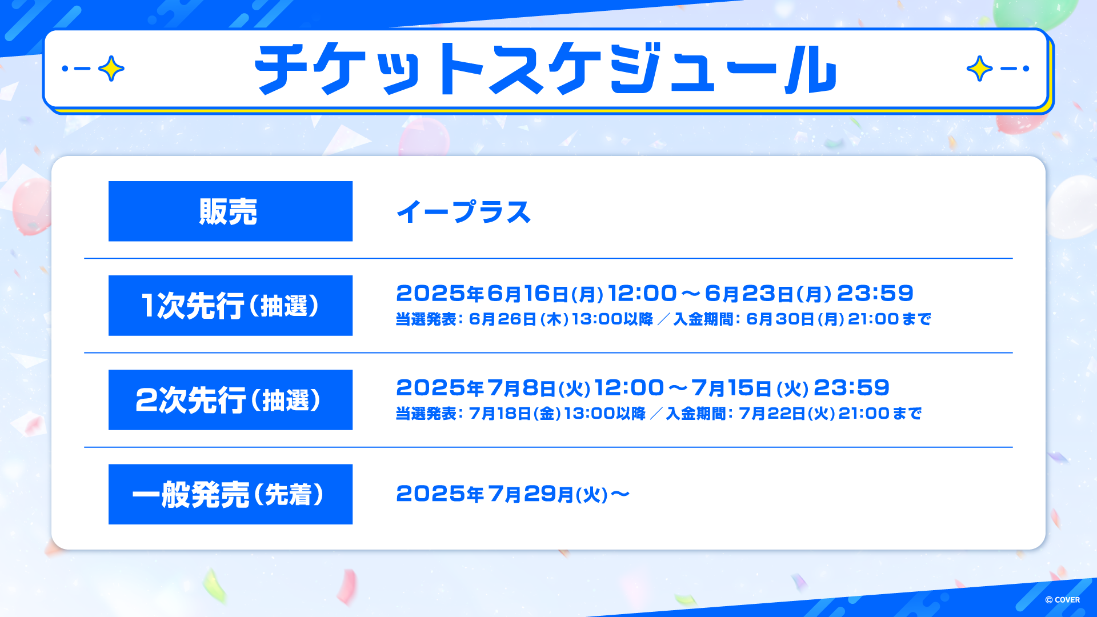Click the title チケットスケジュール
(546, 69)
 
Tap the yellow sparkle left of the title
(111, 69)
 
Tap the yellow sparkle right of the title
(979, 69)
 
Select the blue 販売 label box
(230, 211)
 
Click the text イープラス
(463, 212)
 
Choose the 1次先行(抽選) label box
(230, 306)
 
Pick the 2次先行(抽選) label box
(230, 400)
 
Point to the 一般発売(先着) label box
(230, 494)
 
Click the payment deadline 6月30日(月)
(795, 319)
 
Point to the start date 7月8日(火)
(539, 388)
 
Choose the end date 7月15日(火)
(750, 388)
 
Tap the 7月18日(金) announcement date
(515, 413)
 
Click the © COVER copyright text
(1063, 600)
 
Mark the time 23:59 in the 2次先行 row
(851, 388)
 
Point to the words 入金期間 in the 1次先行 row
(703, 319)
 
